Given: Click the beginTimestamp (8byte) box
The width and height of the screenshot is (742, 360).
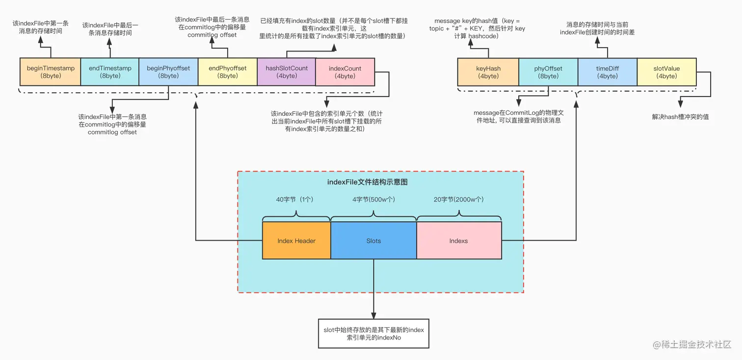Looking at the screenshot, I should tap(50, 72).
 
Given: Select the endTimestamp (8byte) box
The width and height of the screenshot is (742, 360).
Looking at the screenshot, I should tap(109, 72).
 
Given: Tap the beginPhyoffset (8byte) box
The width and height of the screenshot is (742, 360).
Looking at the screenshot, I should tap(168, 72).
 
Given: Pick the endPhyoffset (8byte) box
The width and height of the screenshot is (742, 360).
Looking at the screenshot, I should tap(227, 72).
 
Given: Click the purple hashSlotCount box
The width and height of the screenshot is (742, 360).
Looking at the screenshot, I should tap(286, 72).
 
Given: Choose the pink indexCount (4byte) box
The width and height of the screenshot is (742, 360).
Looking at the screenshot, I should tap(345, 72).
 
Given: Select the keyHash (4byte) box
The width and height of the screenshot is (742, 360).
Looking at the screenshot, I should tap(488, 72).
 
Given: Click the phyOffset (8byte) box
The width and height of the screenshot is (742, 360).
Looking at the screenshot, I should tap(548, 72).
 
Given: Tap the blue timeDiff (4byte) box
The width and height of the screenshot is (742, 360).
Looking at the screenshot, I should tap(607, 72).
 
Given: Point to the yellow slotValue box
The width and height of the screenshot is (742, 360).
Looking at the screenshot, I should tap(666, 72).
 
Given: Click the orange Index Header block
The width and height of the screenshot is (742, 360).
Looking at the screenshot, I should tap(296, 241).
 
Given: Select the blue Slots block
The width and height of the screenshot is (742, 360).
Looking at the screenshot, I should tap(373, 241).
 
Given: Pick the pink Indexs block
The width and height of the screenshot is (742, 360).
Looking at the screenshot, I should tap(459, 241).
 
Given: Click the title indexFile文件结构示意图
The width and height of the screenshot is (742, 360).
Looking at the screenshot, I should tap(368, 182).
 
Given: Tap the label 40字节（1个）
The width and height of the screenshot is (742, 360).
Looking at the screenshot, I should tap(294, 200).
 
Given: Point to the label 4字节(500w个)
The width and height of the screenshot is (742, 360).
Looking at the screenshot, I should tap(374, 200).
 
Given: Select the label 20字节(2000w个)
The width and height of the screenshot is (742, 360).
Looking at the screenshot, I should tap(459, 200).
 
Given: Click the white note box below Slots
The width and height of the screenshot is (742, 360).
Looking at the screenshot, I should tap(373, 334).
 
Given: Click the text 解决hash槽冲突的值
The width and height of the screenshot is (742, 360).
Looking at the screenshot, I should tap(680, 117).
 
